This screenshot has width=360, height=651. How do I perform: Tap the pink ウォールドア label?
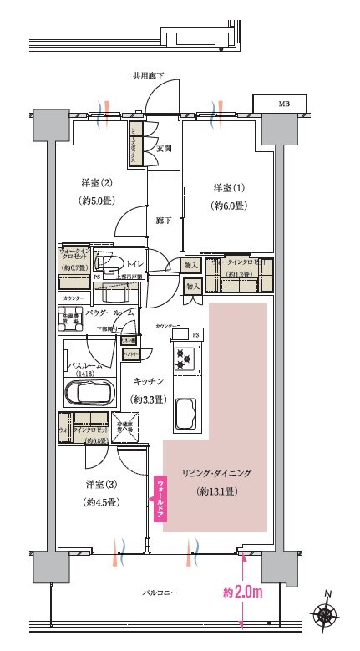159,498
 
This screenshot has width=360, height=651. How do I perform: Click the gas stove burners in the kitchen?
184,360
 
